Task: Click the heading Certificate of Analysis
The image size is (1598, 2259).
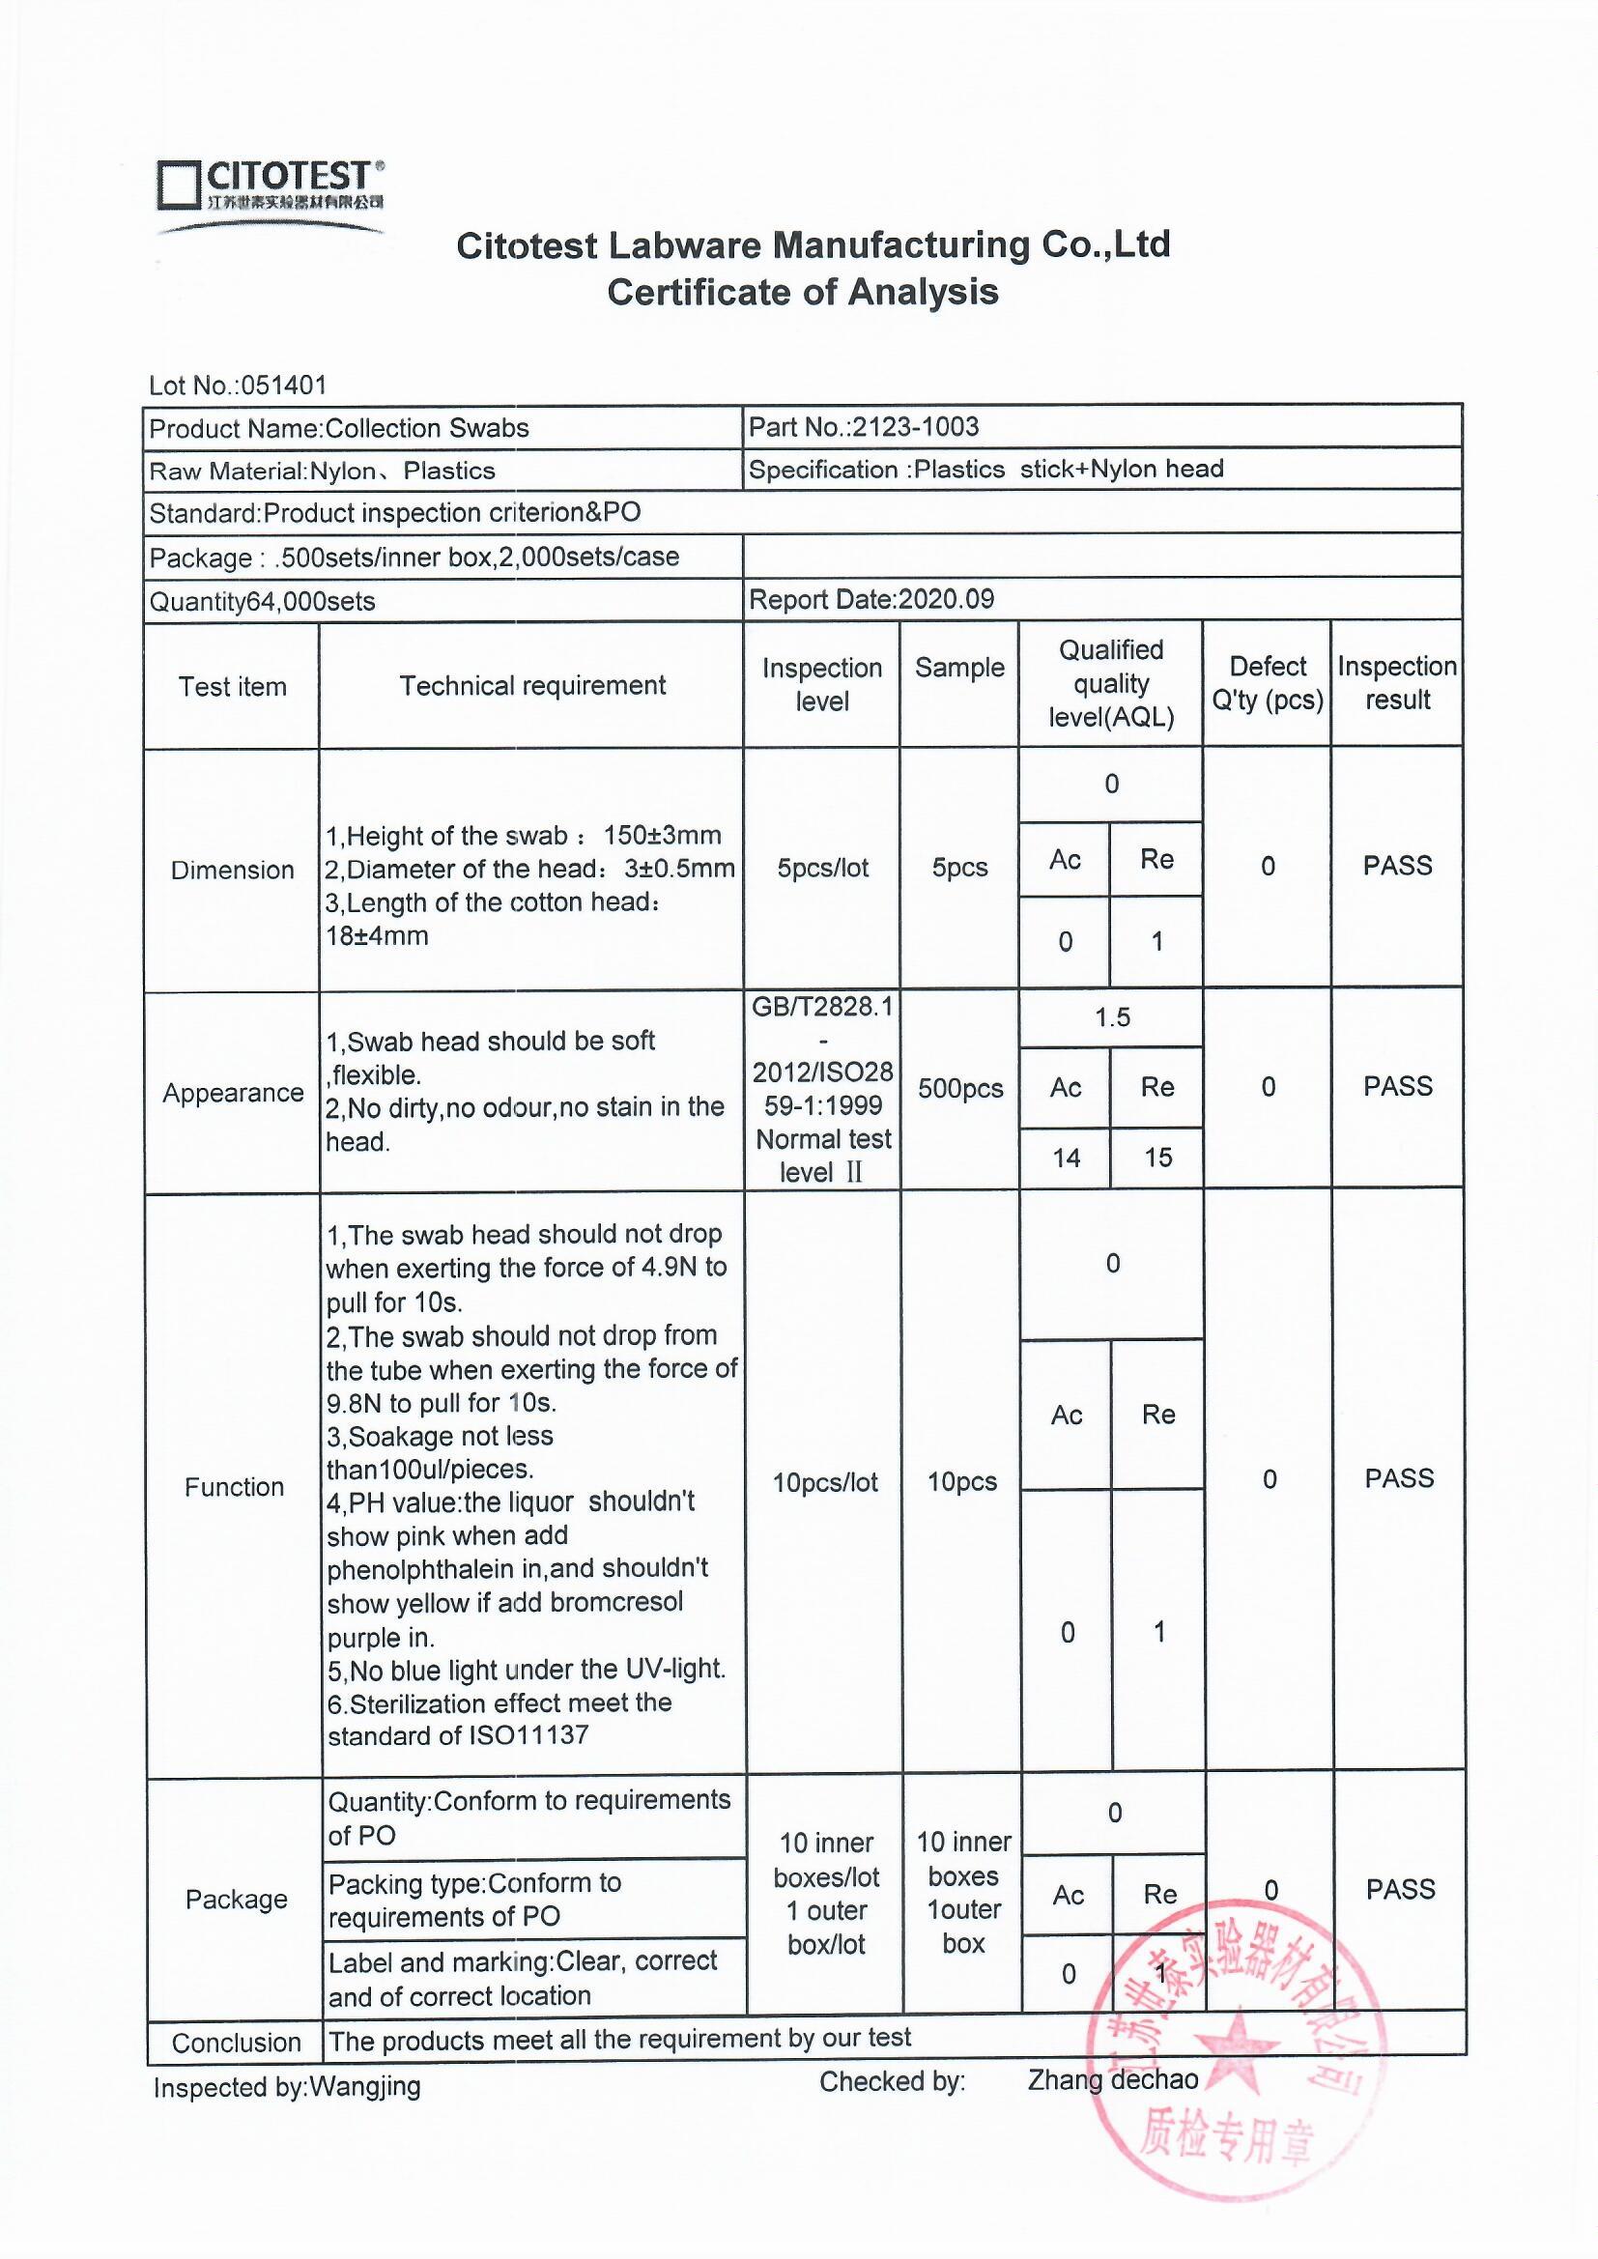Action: [802, 292]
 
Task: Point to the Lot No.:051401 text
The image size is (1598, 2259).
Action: [237, 385]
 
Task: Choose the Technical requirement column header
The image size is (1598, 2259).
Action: [532, 686]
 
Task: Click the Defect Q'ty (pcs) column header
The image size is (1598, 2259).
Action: [1268, 684]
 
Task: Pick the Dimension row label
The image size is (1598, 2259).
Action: [232, 870]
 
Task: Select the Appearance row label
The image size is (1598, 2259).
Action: [233, 1093]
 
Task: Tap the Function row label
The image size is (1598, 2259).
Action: [234, 1487]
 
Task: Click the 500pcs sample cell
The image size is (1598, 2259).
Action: [960, 1089]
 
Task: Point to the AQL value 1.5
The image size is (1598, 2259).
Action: [1113, 1017]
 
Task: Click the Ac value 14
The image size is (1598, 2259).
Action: [1067, 1158]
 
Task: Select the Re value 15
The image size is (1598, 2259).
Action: [1158, 1158]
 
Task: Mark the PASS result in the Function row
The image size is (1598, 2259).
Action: [1399, 1477]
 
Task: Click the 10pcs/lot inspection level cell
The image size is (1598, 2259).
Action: [824, 1483]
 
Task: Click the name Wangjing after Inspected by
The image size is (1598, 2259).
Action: [365, 2087]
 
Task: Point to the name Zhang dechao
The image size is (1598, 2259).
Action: [1113, 2079]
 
